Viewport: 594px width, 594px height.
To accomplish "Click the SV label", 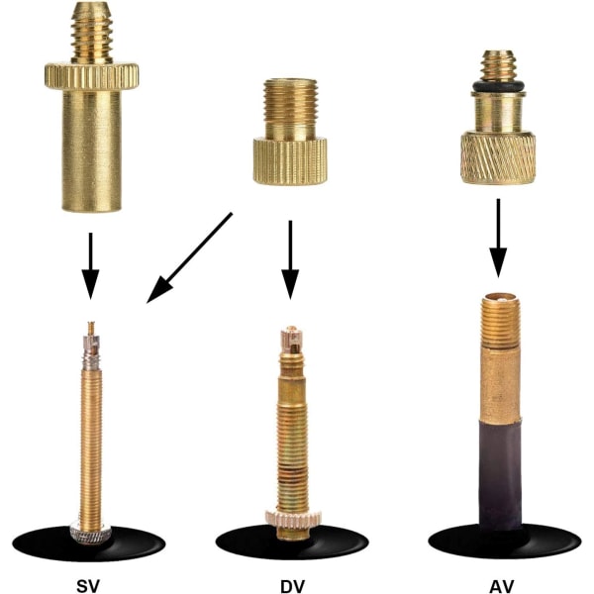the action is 88,586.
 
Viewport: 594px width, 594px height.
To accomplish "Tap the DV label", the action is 292,586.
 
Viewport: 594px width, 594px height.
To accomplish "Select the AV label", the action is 502,586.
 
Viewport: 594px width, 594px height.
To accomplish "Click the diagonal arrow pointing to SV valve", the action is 189,258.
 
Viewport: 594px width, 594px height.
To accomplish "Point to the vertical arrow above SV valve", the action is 90,266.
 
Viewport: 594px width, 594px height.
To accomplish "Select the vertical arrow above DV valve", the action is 290,259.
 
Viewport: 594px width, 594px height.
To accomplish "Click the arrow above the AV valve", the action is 498,238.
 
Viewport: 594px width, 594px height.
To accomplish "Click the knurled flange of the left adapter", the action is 92,76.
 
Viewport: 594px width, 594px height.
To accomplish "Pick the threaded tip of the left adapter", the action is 92,33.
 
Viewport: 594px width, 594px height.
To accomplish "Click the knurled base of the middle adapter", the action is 290,161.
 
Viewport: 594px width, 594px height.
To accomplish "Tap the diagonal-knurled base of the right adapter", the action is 498,157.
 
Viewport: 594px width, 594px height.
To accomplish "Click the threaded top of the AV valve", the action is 500,321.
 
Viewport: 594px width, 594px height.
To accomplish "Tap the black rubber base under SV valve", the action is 89,544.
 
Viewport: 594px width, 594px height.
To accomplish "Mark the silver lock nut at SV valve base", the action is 90,533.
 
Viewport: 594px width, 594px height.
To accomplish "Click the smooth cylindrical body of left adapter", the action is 92,150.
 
